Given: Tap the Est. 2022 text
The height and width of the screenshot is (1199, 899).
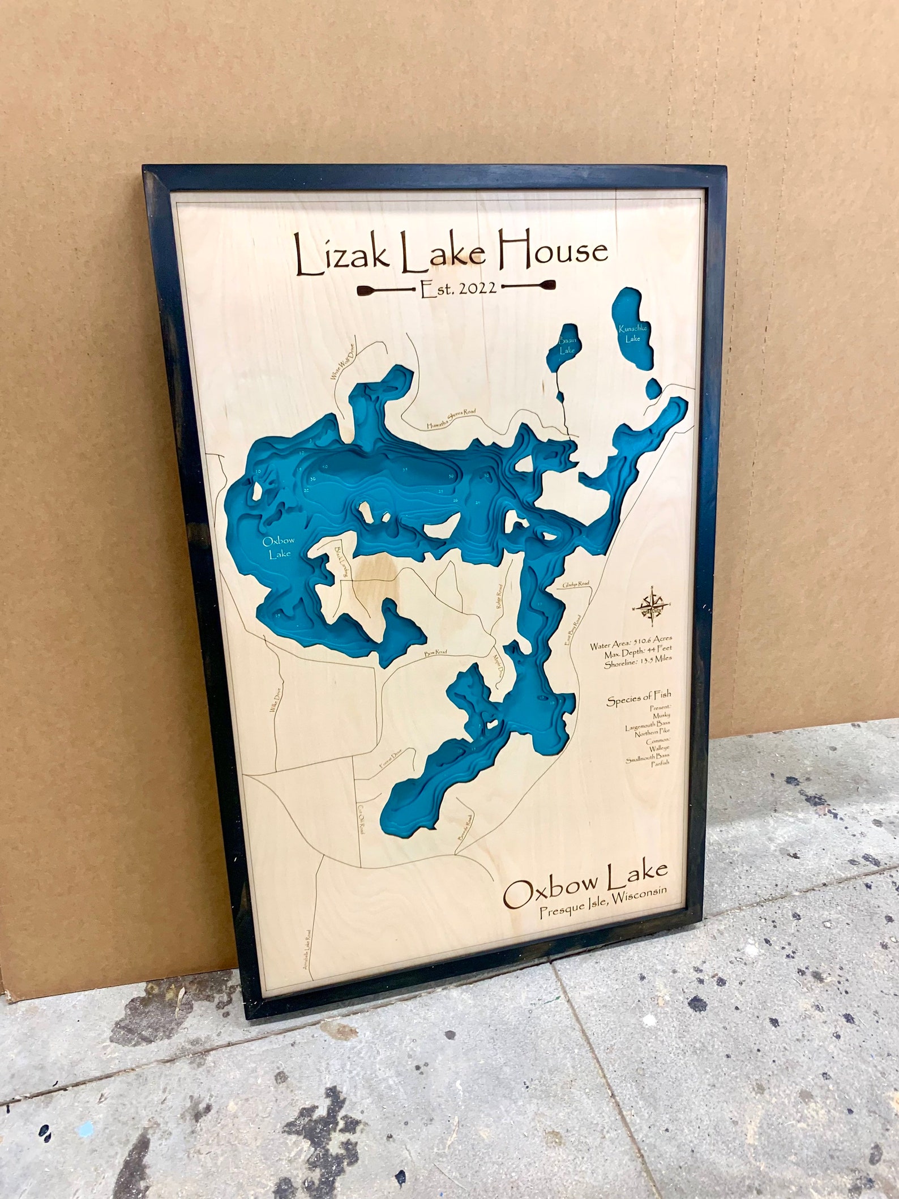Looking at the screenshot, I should click(459, 288).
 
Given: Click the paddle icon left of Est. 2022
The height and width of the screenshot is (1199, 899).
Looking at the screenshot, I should click(386, 291).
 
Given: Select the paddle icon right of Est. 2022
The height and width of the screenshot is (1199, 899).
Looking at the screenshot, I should click(529, 286).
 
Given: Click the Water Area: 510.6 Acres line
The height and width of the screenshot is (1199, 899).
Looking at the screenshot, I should click(631, 645).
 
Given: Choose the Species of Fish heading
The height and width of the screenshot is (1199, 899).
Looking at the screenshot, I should click(639, 700).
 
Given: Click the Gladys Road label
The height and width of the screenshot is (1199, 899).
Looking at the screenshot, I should click(576, 584).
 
